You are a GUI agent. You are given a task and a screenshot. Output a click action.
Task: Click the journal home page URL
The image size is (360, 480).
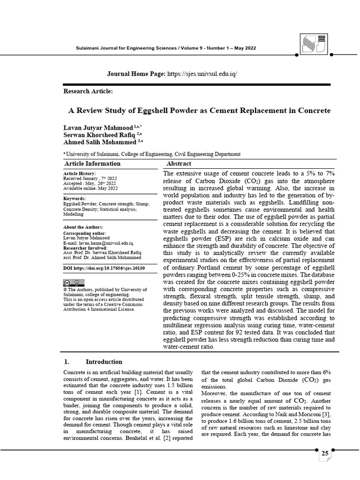tap(202, 74)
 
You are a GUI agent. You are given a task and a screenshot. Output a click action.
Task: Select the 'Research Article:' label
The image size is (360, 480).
tap(88, 91)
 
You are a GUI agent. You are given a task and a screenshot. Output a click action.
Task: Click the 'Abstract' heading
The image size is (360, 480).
tap(179, 164)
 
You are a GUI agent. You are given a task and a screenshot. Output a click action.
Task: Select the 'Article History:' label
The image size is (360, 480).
tap(79, 174)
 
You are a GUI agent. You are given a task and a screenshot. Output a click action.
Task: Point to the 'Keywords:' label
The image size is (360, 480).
tap(75, 199)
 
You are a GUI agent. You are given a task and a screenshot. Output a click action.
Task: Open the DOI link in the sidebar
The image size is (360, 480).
tap(104, 268)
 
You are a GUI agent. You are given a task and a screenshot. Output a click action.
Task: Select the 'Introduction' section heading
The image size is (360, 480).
tap(104, 361)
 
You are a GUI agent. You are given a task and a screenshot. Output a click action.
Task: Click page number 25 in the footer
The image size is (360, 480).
tap(325, 454)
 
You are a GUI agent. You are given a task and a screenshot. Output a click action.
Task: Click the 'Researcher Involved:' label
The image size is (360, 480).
tap(85, 248)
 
